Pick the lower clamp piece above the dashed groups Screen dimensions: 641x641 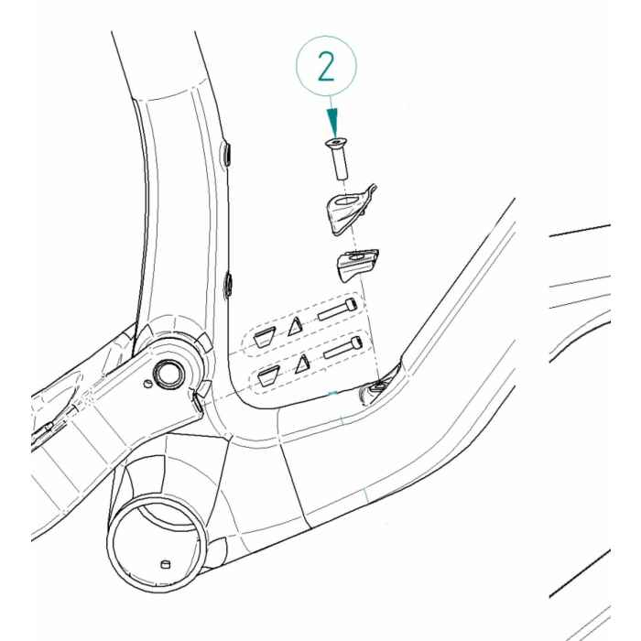click(x=355, y=264)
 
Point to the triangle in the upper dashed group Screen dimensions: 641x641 click(x=295, y=326)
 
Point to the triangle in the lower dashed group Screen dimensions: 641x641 click(x=301, y=364)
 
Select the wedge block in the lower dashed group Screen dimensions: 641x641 click(x=268, y=373)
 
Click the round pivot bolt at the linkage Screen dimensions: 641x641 click(x=169, y=372)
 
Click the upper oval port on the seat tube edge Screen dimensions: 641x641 click(x=229, y=154)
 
